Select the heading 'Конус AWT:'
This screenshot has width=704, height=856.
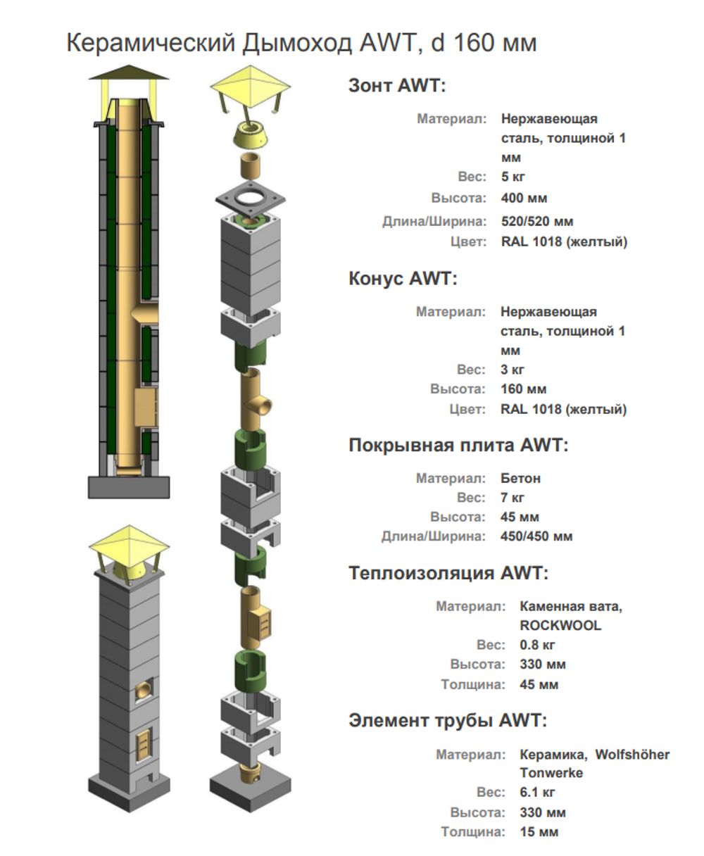(403, 279)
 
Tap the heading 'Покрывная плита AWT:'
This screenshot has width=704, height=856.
(458, 446)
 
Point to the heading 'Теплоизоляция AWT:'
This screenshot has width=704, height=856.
(448, 573)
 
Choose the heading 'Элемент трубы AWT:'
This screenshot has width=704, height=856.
(447, 721)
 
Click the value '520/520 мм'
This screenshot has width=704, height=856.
(537, 222)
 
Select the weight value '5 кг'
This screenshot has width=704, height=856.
(513, 177)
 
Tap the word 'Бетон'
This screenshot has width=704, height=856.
(520, 478)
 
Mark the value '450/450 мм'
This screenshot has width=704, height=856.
(536, 536)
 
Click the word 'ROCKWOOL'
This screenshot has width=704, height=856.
(560, 625)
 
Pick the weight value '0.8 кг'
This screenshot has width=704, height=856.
(538, 645)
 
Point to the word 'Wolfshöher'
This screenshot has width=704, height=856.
(632, 755)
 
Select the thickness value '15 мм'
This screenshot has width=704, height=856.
(539, 832)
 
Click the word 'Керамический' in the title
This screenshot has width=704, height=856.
(150, 43)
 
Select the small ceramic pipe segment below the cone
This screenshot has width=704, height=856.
(251, 166)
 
